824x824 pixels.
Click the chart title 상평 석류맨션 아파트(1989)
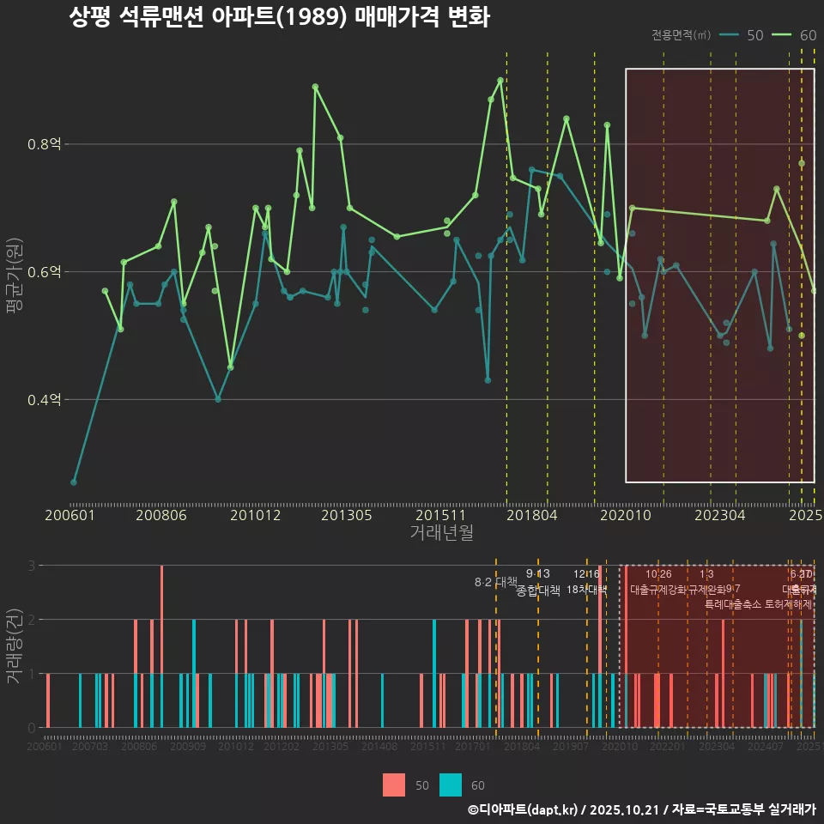[279, 17]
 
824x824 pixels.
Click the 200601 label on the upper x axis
[70, 515]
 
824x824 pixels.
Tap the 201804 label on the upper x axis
[532, 515]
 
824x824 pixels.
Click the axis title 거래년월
[441, 533]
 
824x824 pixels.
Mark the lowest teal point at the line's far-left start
[74, 482]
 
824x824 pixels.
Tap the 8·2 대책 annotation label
[495, 582]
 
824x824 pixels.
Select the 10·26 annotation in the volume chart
[658, 574]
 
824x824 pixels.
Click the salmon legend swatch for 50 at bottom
[394, 785]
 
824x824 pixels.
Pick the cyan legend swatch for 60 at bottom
[451, 785]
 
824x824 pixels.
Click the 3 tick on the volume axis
[31, 566]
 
